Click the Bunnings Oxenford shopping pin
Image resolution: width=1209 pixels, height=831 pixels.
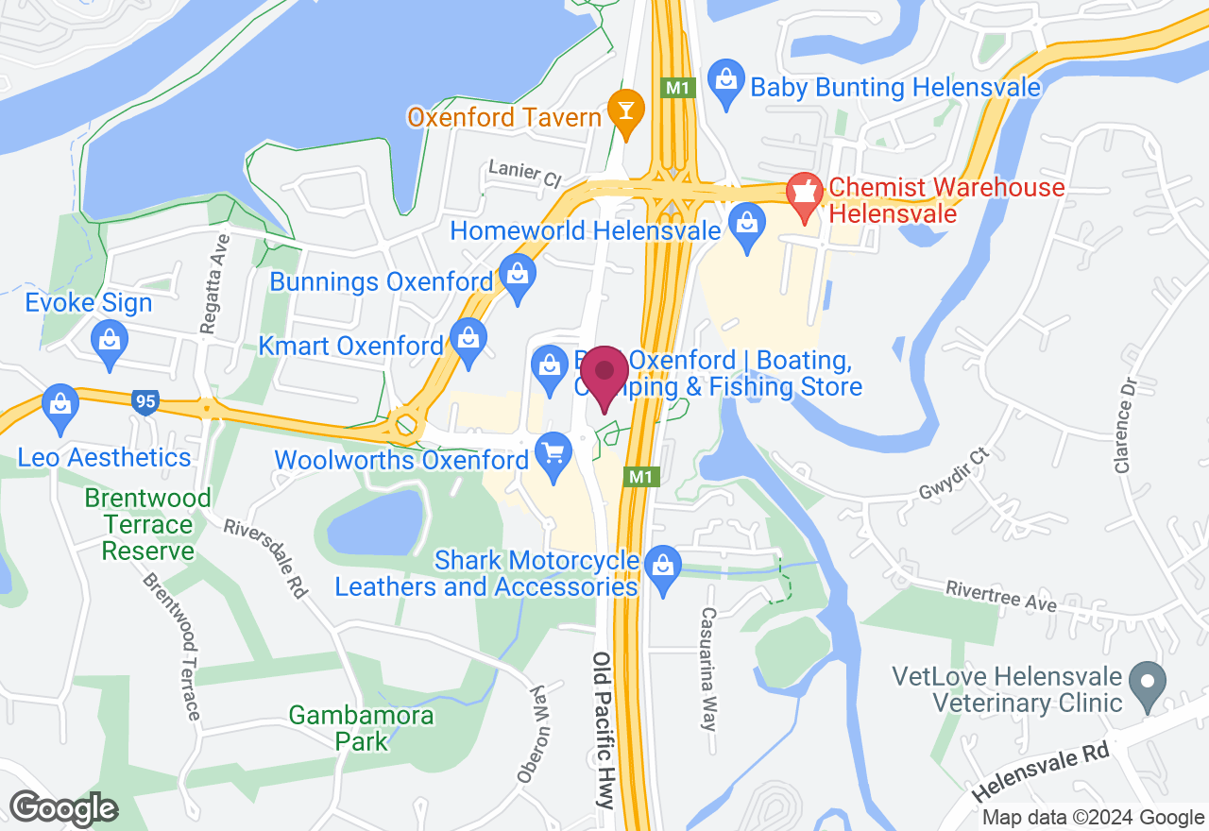pos(518,275)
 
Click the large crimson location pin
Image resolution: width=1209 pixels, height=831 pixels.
pos(604,376)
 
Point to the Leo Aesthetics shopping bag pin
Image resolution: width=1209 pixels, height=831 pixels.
pos(60,405)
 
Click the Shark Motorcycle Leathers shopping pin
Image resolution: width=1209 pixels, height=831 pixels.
pos(663,566)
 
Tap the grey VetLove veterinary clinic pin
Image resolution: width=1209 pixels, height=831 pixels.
pos(1147,682)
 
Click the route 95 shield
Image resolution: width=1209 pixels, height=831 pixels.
pos(145,401)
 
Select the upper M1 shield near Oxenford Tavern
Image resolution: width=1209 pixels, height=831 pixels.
pos(680,88)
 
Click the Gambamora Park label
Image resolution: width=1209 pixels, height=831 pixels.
pos(362,727)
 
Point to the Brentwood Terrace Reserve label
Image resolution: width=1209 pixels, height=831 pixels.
pos(147,524)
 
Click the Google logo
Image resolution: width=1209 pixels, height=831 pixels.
pos(63,808)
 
